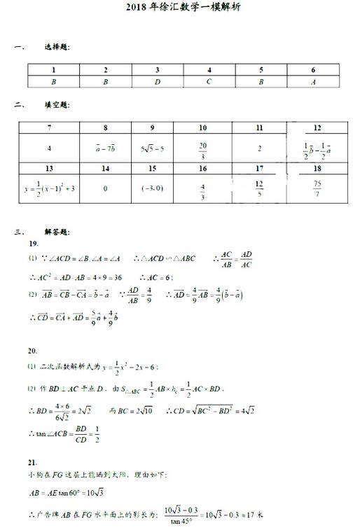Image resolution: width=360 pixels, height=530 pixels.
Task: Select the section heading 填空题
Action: tap(57, 105)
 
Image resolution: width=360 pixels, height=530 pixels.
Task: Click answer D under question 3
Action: tap(158, 81)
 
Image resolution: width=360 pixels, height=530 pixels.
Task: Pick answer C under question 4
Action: tap(209, 81)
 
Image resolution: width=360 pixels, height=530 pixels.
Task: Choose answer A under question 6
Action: tap(313, 81)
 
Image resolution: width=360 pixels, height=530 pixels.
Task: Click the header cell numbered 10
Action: tap(203, 128)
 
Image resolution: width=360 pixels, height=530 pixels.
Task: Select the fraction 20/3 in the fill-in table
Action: tap(203, 148)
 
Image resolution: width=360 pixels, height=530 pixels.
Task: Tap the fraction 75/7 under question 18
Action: tap(317, 188)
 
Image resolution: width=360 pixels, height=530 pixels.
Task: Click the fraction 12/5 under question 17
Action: tap(259, 188)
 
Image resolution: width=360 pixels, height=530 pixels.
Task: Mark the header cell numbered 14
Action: tap(105, 169)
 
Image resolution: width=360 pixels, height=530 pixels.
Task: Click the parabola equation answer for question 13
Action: tap(49, 188)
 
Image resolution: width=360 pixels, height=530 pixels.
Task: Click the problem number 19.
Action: tap(33, 243)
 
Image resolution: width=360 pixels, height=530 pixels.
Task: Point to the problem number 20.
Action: tap(33, 350)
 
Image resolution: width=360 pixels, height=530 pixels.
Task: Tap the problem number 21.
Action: tap(33, 463)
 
